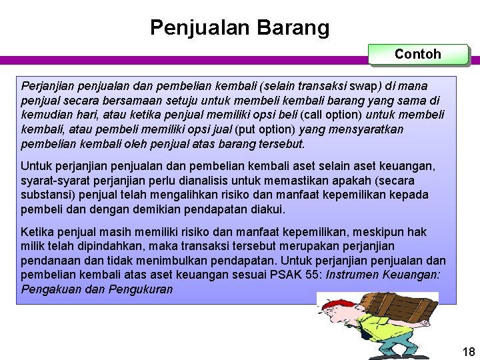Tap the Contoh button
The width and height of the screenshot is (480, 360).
418,54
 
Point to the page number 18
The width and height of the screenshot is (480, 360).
468,352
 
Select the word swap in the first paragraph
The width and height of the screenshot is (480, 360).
369,86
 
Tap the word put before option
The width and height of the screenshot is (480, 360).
242,129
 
